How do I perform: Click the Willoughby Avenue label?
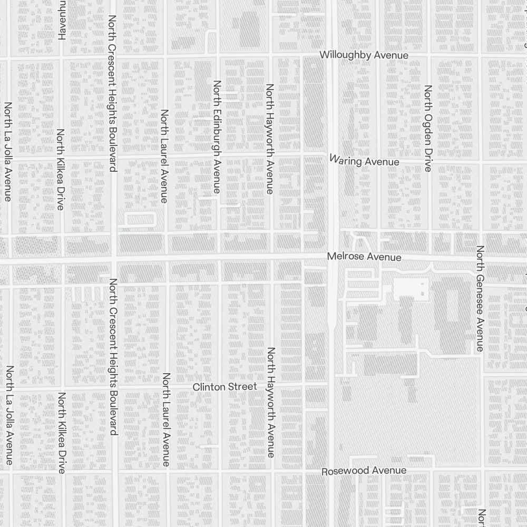coord(364,55)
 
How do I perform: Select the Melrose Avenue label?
coord(364,257)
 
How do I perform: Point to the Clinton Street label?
coord(225,387)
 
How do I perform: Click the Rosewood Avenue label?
coord(364,471)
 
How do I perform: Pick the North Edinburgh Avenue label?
coord(217,136)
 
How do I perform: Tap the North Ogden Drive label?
coord(427,128)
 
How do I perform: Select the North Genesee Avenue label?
coord(480,298)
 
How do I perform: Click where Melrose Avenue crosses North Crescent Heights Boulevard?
coord(114,259)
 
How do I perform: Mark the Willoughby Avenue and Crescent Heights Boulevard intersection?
coord(114,55)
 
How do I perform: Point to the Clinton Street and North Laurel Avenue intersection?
coord(167,387)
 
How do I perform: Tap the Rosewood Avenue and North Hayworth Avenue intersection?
coord(272,471)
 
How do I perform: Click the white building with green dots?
coord(411,287)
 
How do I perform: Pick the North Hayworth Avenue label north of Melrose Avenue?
coord(269,139)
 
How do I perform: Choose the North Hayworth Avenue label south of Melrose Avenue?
coord(271,402)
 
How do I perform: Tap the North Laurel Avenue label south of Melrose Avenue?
coord(166,419)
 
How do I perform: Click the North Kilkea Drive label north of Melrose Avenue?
coord(61,169)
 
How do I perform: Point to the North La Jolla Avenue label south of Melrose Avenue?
coord(9,415)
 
